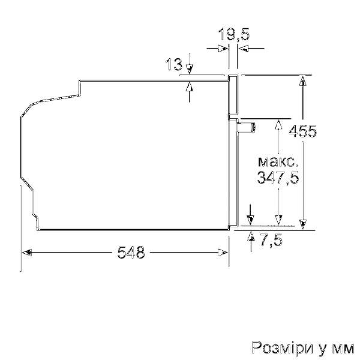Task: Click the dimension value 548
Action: tap(131, 253)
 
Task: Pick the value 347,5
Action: tap(277, 178)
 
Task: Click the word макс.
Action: tap(277, 161)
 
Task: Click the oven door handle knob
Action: tap(247, 126)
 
